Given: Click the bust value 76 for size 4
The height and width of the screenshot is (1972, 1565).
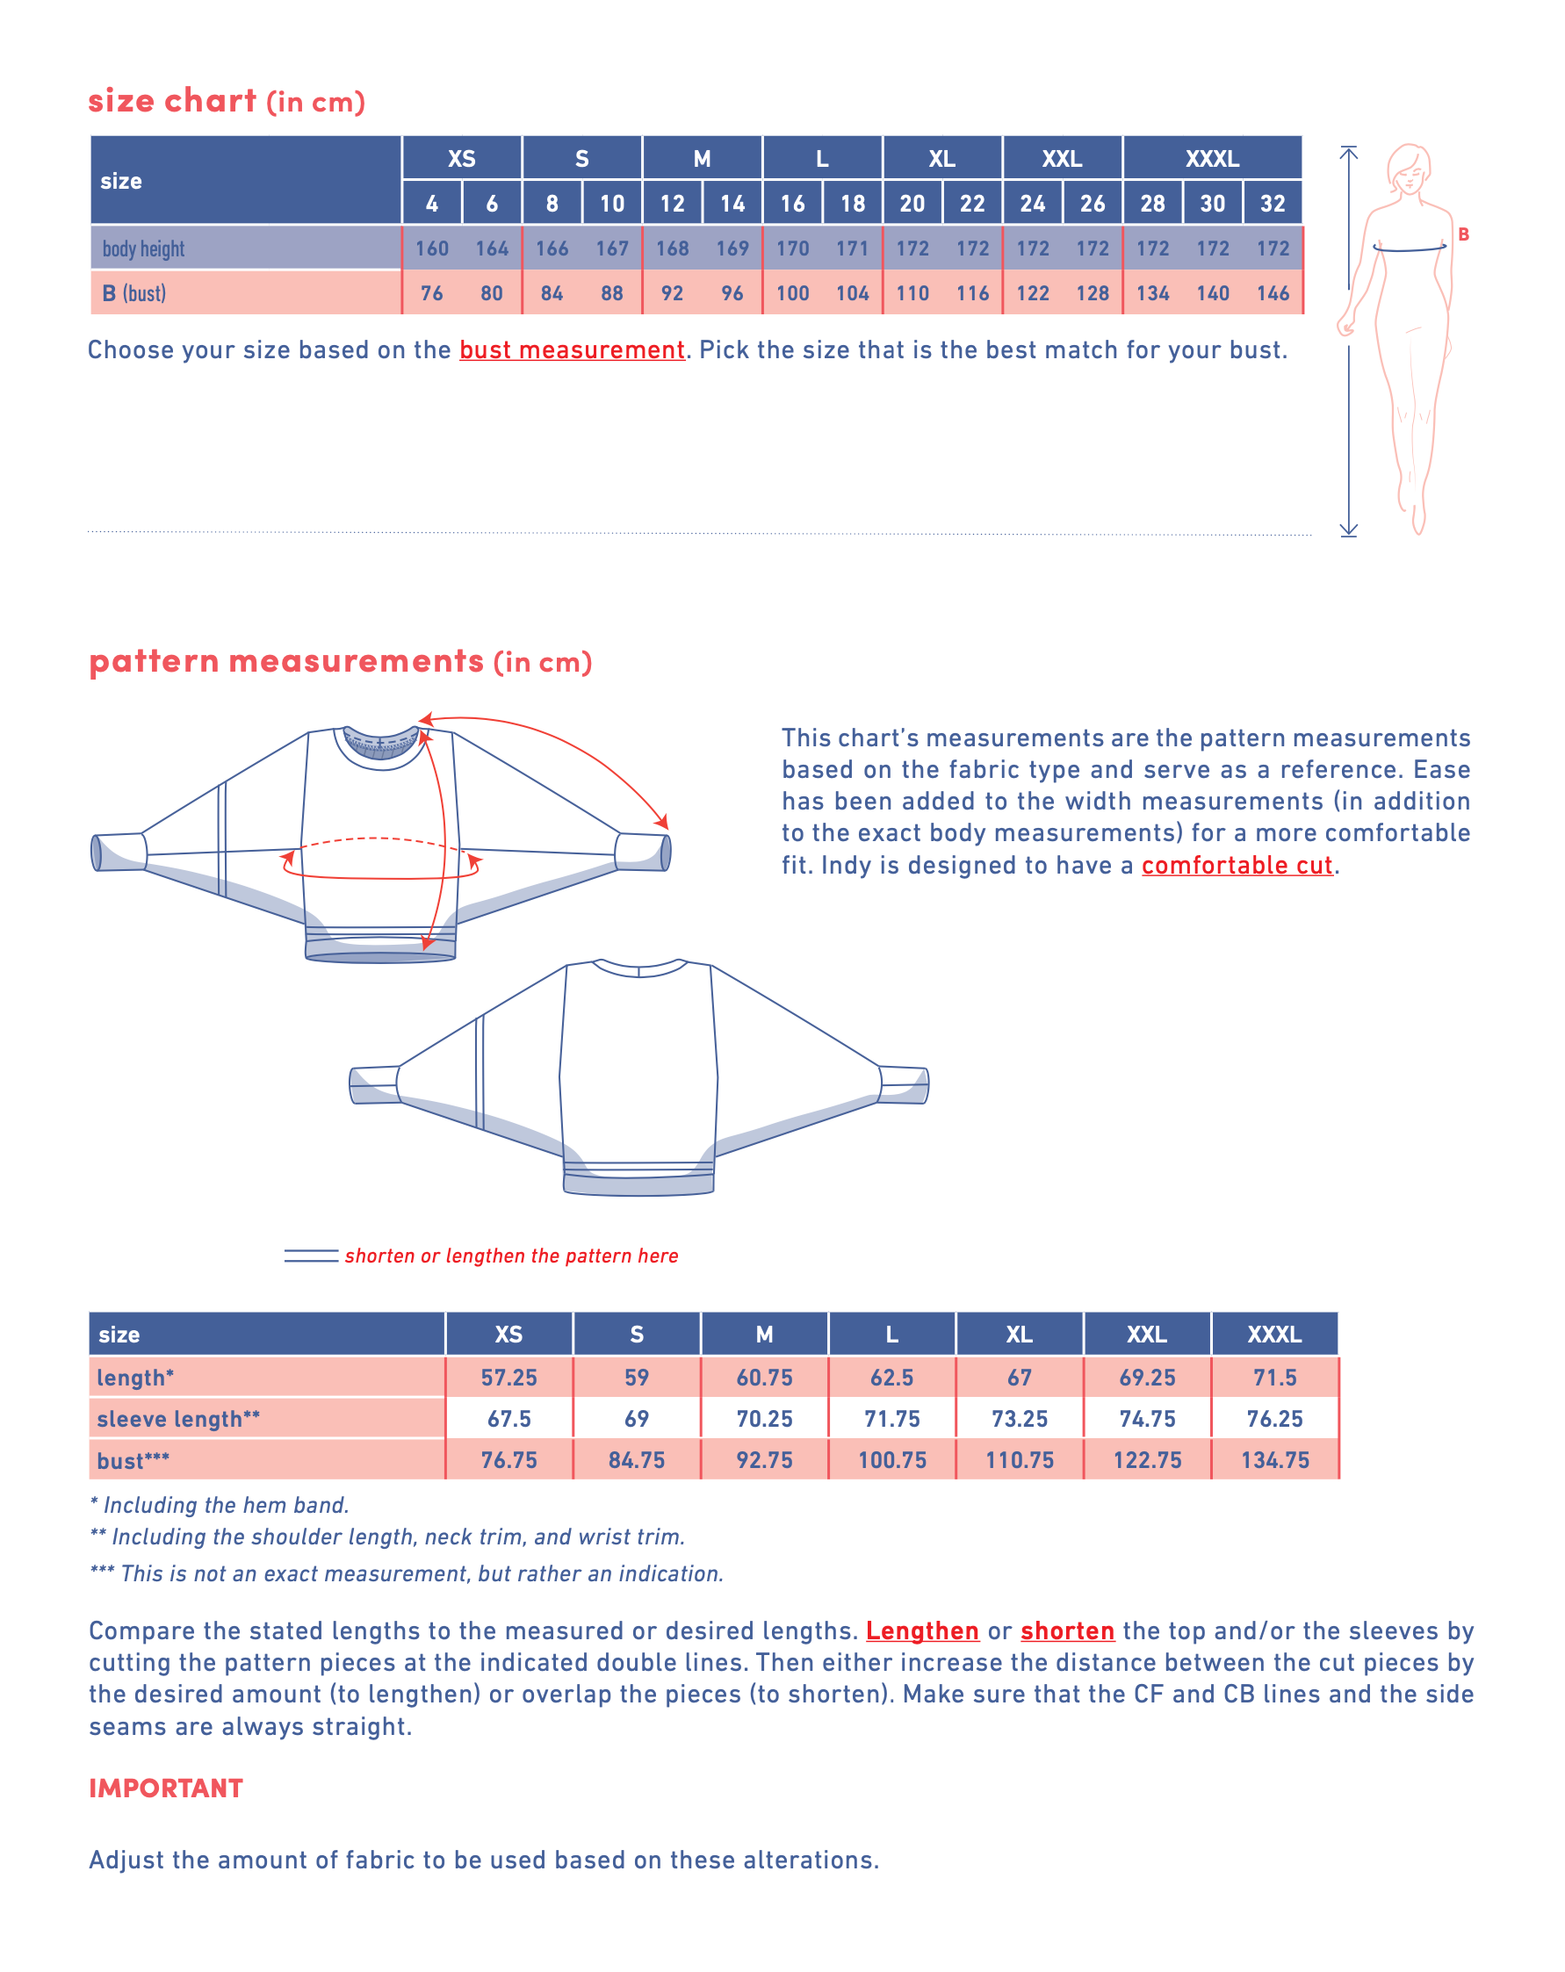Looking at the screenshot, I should point(431,292).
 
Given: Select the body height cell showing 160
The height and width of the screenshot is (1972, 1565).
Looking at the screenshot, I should point(431,248).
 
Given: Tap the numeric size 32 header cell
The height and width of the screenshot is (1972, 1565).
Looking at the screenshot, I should point(1272,203).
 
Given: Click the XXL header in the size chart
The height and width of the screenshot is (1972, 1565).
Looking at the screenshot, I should point(1061,158).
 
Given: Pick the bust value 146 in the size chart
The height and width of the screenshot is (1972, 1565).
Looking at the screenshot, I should point(1272,292).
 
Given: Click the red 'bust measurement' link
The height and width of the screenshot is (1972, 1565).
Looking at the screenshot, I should point(572,350).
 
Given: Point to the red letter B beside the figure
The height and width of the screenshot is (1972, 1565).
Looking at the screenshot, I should point(1462,234).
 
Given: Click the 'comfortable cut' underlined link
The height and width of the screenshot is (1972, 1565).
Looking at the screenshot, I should point(1237,865).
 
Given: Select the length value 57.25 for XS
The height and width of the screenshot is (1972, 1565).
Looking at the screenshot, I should point(508,1378).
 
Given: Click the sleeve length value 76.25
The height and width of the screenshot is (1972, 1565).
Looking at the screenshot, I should point(1274,1419).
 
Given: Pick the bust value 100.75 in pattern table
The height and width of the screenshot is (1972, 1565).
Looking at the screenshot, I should point(891,1461).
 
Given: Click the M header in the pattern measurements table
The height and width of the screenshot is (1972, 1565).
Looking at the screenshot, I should point(764,1335).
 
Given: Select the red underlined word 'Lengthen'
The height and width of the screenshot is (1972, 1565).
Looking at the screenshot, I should point(922,1630).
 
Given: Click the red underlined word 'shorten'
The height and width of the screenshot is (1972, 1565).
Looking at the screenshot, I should point(1067,1630).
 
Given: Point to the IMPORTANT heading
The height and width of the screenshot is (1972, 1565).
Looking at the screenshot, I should point(166,1788).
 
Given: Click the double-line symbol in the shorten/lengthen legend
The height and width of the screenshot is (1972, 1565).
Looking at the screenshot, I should point(311,1256).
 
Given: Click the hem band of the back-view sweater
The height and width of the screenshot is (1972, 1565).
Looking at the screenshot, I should point(638,1183).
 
